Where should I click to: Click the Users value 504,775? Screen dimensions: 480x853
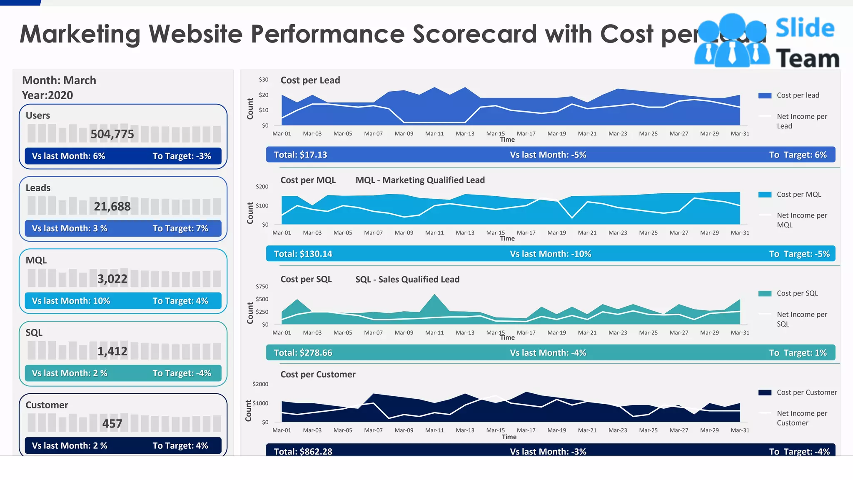pos(112,134)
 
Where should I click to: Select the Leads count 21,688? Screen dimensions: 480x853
pos(112,207)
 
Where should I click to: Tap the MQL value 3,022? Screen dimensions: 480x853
pos(112,279)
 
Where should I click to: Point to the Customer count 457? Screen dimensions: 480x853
pos(112,424)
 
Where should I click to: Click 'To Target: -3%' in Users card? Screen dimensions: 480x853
pos(182,156)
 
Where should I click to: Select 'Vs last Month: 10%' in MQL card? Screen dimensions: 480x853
pos(71,301)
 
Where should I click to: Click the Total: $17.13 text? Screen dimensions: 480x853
pos(300,155)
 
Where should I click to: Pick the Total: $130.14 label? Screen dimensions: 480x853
pos(303,254)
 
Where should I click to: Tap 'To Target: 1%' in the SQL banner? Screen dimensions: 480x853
pos(798,353)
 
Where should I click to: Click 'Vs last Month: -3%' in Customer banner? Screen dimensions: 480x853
pos(548,451)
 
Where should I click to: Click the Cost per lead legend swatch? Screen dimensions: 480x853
pos(765,95)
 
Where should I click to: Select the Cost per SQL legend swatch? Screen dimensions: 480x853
pos(765,294)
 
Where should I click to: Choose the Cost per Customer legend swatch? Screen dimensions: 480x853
pos(765,392)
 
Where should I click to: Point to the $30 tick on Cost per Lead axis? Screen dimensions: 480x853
pos(263,80)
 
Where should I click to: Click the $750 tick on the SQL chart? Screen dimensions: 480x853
pos(262,287)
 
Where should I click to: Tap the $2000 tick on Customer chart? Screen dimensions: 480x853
pos(260,384)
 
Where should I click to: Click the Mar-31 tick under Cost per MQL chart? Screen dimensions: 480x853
pos(740,233)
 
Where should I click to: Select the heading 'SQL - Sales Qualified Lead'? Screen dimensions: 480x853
pos(407,280)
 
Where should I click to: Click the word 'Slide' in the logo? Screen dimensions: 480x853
pos(805,28)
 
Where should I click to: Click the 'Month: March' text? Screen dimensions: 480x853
pos(59,80)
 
